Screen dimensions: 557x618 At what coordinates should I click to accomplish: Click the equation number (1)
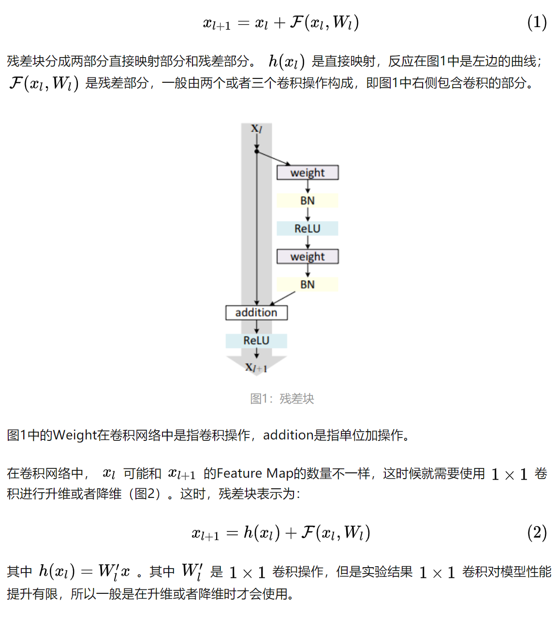pyautogui.click(x=537, y=22)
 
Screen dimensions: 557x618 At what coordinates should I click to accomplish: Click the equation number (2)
pyautogui.click(x=537, y=533)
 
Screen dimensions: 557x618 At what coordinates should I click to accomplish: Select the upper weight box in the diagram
pyautogui.click(x=308, y=172)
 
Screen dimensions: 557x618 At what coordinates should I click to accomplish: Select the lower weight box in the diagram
pyautogui.click(x=308, y=256)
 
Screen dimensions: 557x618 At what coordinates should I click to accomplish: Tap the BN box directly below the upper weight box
pyautogui.click(x=308, y=200)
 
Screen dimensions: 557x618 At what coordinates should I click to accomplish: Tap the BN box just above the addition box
pyautogui.click(x=308, y=285)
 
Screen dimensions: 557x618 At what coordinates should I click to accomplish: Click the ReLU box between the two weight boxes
pyautogui.click(x=308, y=228)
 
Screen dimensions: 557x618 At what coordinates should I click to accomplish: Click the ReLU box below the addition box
pyautogui.click(x=256, y=341)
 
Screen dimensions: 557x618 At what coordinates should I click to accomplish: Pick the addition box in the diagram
pyautogui.click(x=256, y=313)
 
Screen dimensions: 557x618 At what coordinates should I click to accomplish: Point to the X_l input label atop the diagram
pyautogui.click(x=256, y=128)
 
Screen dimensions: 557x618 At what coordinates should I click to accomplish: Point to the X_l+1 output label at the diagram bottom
pyautogui.click(x=256, y=367)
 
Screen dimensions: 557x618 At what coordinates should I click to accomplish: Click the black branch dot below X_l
pyautogui.click(x=256, y=151)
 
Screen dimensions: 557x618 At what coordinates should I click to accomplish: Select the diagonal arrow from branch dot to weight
pyautogui.click(x=273, y=158)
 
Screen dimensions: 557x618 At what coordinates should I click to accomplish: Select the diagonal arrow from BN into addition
pyautogui.click(x=282, y=299)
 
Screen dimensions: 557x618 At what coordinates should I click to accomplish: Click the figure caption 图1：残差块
pyautogui.click(x=282, y=399)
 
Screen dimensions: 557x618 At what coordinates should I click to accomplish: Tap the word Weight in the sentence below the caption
pyautogui.click(x=75, y=435)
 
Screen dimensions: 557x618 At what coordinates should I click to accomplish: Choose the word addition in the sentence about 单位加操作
pyautogui.click(x=288, y=435)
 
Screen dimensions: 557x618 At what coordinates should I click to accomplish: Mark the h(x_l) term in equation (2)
pyautogui.click(x=262, y=533)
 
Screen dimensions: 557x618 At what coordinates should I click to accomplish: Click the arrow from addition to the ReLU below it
pyautogui.click(x=256, y=327)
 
